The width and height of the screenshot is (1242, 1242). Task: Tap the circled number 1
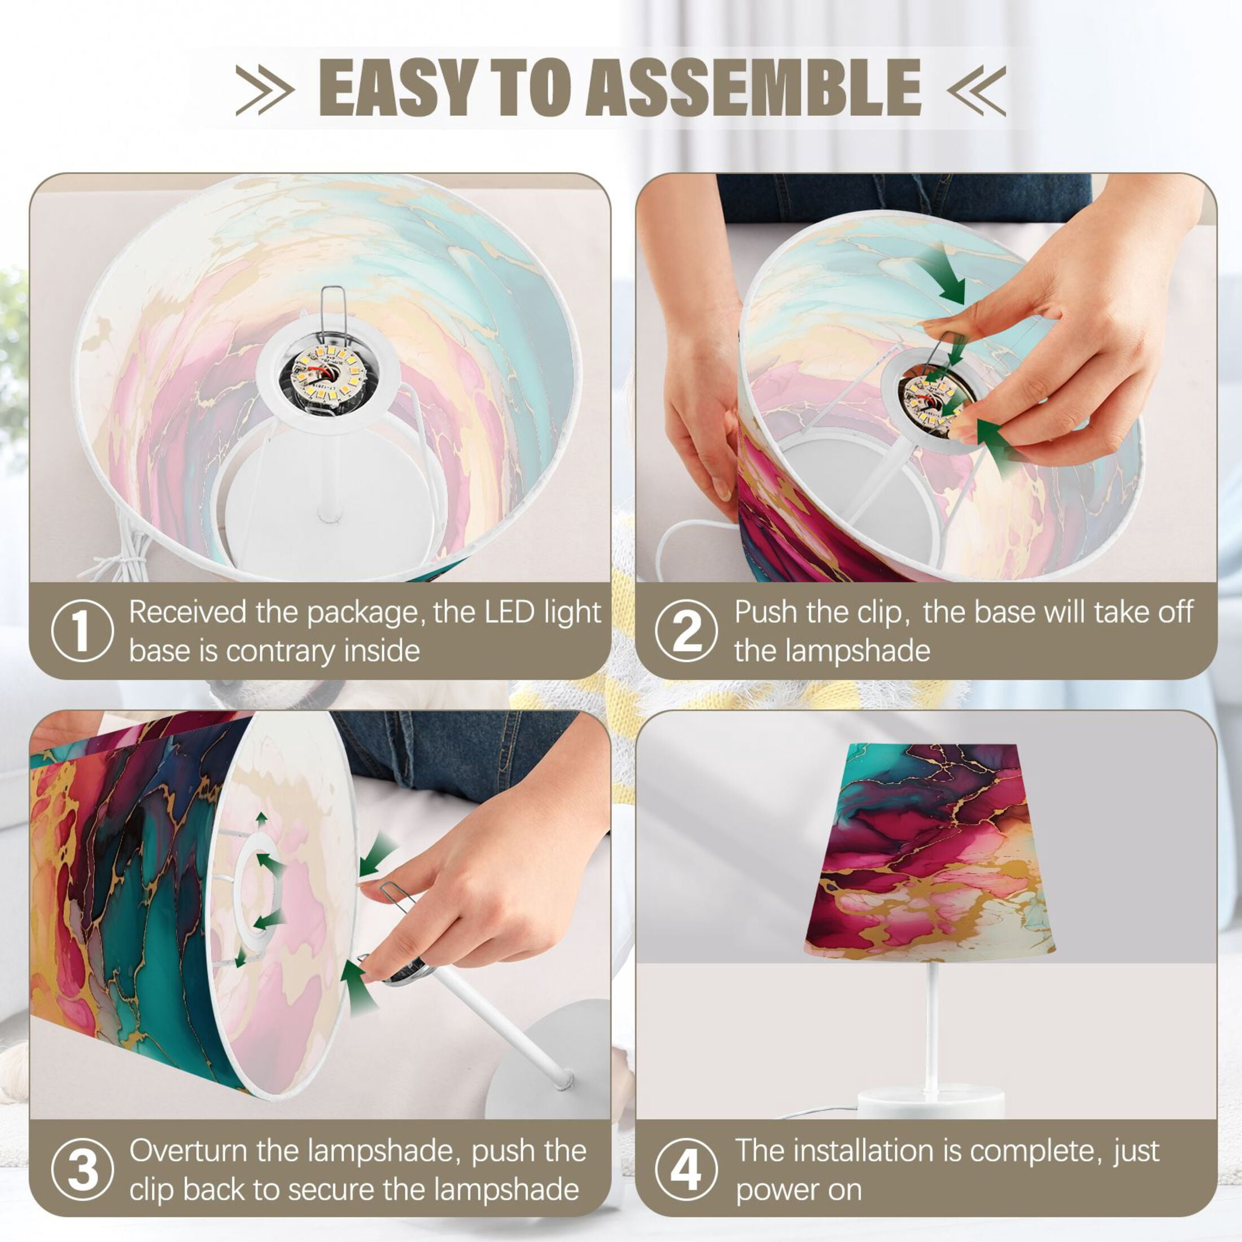(x=82, y=630)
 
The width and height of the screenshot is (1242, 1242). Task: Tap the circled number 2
(x=686, y=630)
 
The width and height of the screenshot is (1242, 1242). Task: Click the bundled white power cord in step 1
(x=122, y=558)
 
